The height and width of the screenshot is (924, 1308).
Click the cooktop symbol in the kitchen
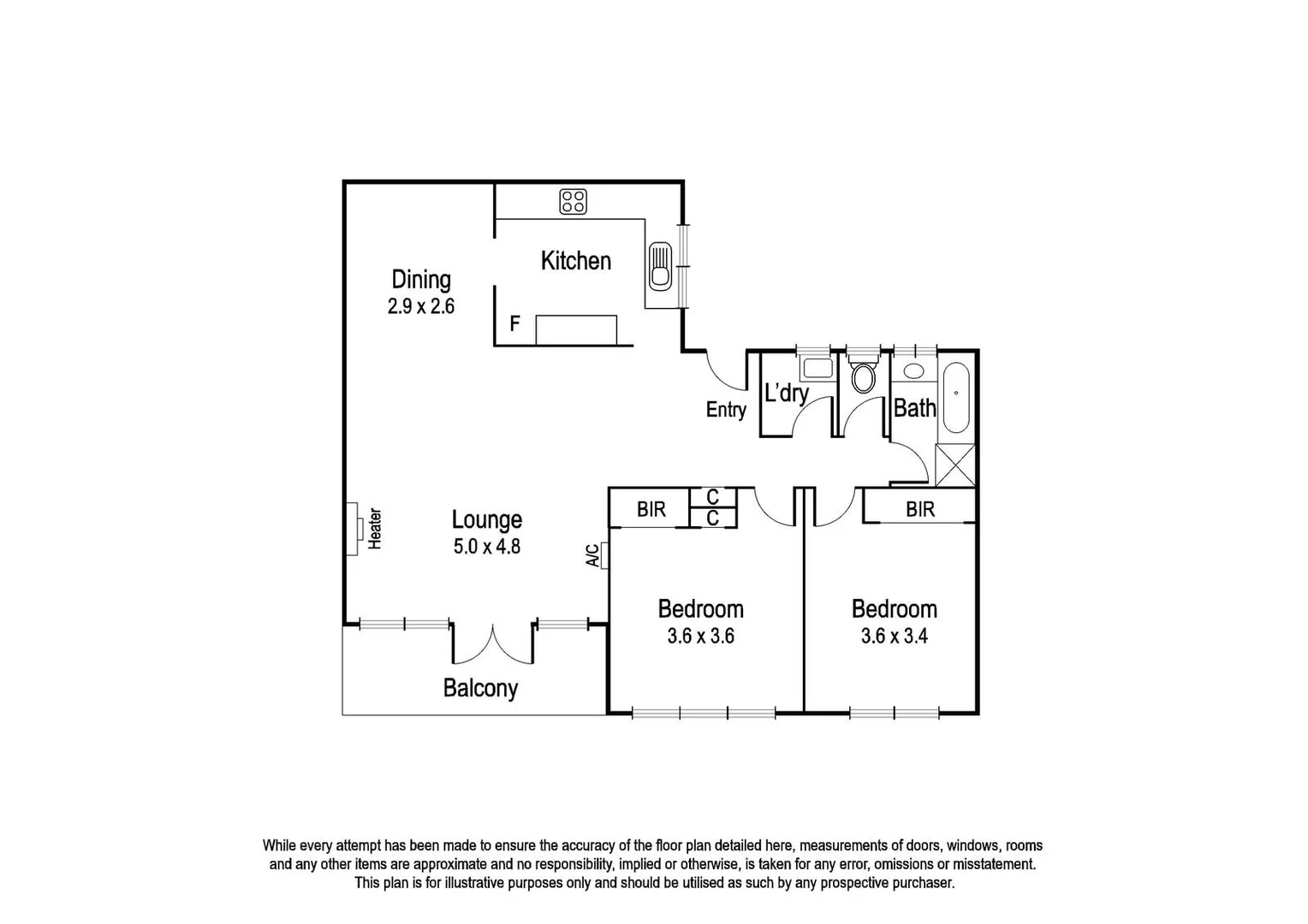(x=573, y=202)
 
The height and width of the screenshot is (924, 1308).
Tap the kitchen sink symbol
(x=660, y=265)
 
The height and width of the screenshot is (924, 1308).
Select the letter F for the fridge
(x=514, y=323)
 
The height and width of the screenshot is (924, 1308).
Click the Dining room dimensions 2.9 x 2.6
(x=420, y=306)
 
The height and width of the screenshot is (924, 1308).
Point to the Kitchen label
(x=575, y=261)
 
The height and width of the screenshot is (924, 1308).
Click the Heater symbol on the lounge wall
(x=352, y=528)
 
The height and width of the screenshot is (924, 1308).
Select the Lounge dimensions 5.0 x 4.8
(x=486, y=546)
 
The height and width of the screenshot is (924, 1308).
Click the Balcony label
(x=480, y=688)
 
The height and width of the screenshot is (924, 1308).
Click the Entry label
(x=725, y=410)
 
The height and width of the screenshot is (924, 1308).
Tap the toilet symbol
(x=863, y=377)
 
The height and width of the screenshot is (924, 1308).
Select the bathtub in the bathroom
(x=955, y=399)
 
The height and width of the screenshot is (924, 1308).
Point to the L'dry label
(x=785, y=394)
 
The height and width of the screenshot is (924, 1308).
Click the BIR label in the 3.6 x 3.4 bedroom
(x=920, y=509)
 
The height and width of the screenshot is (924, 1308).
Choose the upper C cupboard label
(x=712, y=497)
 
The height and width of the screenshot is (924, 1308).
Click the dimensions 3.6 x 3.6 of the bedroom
(x=700, y=637)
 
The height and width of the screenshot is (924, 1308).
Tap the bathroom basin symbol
(x=913, y=371)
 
